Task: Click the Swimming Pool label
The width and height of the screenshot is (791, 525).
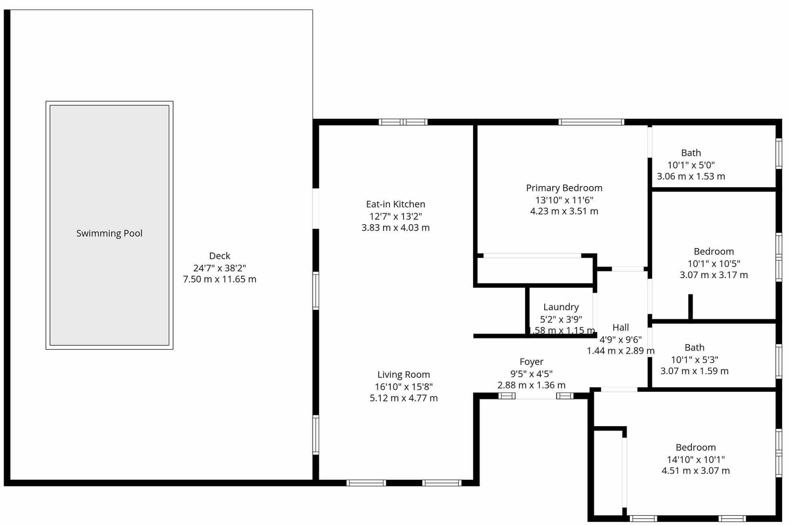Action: point(109,233)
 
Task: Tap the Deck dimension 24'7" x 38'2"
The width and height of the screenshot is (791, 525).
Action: point(219,268)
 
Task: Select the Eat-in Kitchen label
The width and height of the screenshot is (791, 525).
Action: point(396,204)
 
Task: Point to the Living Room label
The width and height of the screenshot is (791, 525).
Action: point(404,375)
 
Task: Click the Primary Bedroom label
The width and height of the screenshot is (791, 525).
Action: point(564,188)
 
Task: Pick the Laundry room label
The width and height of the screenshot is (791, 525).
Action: point(561,307)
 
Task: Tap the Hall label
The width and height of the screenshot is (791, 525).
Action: point(620,327)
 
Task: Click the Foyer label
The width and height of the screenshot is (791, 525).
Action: point(531,362)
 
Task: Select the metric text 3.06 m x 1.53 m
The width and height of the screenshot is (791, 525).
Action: point(691,176)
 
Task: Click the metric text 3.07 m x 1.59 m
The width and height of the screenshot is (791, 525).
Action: point(694,371)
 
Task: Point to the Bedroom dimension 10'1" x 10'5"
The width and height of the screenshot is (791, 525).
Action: point(714,263)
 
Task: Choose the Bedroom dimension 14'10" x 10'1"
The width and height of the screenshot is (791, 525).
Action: point(695,459)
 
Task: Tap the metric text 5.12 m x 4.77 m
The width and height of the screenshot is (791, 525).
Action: point(404,398)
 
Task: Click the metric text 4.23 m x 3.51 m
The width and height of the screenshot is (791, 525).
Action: point(564,211)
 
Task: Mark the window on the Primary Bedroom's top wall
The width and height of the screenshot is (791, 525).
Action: point(591,122)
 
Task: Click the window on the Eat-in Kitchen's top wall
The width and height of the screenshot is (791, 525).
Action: point(403,122)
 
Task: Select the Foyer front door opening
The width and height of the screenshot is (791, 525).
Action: point(536,396)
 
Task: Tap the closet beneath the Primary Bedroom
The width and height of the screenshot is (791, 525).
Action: point(535,271)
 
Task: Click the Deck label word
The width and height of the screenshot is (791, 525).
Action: point(219,256)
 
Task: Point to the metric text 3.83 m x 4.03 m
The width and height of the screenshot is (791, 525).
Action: point(396,228)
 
